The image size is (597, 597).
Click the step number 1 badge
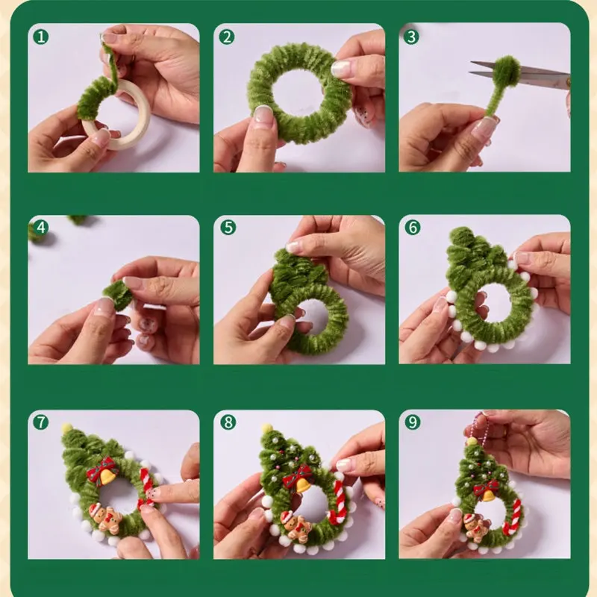(x=41, y=35)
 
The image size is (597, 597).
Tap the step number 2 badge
(x=227, y=35)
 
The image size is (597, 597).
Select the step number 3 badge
(x=412, y=35)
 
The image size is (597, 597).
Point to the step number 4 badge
(x=41, y=228)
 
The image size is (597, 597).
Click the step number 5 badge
(x=227, y=228)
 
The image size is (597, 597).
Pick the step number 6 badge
(x=412, y=228)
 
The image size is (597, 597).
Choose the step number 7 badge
(x=41, y=422)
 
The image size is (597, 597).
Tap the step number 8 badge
(x=227, y=422)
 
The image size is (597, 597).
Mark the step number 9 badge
(x=412, y=422)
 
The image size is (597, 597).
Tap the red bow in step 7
(x=100, y=469)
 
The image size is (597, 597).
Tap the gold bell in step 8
(x=303, y=485)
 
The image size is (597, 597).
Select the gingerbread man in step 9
(x=475, y=525)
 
